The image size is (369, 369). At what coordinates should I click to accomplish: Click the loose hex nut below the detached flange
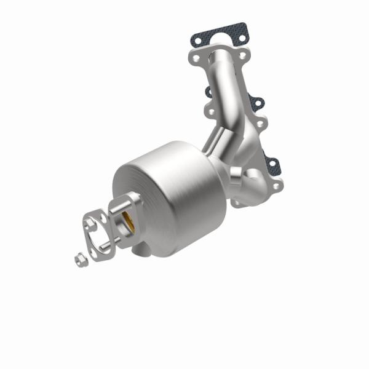tap(80, 260)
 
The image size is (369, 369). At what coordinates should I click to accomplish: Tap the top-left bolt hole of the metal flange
tap(195, 59)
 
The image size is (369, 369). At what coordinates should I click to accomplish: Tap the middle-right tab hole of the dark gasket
tap(257, 102)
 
